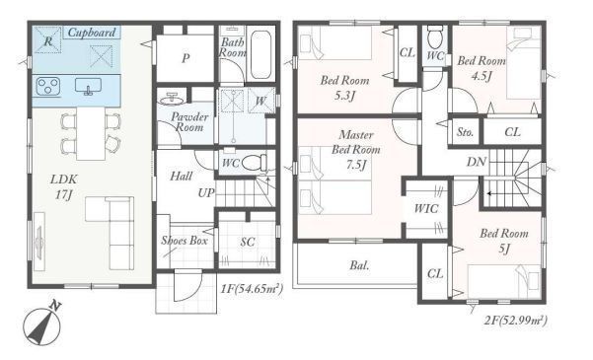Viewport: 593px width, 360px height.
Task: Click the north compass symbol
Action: [42, 324]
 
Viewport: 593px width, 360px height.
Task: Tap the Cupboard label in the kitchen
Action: [92, 33]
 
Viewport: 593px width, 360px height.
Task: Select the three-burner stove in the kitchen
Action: [47, 86]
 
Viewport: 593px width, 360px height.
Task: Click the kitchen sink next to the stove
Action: [88, 86]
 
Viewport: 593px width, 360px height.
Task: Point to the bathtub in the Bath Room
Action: [260, 55]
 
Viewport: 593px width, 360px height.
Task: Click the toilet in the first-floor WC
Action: [254, 164]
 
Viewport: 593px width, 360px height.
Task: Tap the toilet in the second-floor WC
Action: [435, 36]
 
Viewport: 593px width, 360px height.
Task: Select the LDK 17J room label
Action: [64, 186]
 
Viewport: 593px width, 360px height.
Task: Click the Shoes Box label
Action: [185, 240]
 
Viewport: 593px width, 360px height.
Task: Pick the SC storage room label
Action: [248, 242]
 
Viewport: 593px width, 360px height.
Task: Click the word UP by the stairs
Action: [206, 193]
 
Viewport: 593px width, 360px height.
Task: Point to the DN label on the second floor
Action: [477, 162]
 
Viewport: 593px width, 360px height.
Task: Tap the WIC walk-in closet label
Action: [426, 208]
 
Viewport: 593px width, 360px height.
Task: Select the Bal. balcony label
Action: [359, 265]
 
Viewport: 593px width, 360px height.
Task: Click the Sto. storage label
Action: [465, 132]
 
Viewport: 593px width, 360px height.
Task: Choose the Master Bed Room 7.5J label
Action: [356, 150]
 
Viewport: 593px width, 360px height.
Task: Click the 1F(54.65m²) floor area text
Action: [252, 289]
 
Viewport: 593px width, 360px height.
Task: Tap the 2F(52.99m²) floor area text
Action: [516, 322]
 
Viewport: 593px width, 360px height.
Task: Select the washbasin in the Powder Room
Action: [172, 99]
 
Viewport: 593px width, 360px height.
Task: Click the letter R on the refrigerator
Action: [48, 40]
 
